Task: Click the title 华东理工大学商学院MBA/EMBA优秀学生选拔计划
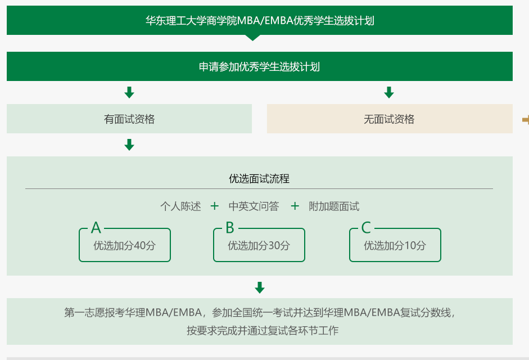[x=260, y=21]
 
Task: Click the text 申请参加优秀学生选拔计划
[x=260, y=67]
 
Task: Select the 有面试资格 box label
[x=129, y=119]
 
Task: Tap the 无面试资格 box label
[x=389, y=119]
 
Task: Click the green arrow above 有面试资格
[x=129, y=93]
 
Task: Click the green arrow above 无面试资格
[x=389, y=93]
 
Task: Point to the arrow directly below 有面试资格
[x=129, y=145]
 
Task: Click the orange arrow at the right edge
[x=525, y=119]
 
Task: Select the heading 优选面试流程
[x=259, y=179]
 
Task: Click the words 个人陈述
[x=180, y=206]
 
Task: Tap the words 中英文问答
[x=254, y=206]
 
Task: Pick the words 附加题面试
[x=334, y=206]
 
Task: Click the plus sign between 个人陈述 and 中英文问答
[x=214, y=206]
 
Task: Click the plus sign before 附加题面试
[x=295, y=206]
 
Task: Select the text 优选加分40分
[x=124, y=246]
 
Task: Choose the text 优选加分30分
[x=259, y=246]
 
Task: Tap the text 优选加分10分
[x=395, y=246]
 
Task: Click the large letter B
[x=229, y=228]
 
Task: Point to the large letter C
[x=366, y=228]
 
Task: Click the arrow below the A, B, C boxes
[x=260, y=288]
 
